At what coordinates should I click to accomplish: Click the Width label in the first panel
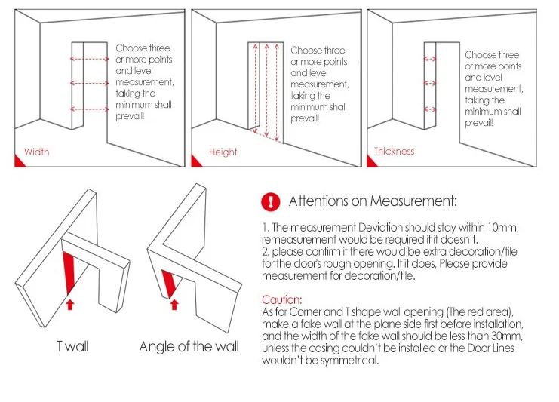click(x=36, y=152)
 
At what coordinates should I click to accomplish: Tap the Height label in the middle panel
click(x=223, y=152)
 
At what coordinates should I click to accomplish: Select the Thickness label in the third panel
click(x=394, y=152)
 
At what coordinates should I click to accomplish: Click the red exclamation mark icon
click(x=270, y=201)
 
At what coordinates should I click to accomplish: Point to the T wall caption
click(x=72, y=347)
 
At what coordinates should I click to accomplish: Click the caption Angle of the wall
click(x=189, y=347)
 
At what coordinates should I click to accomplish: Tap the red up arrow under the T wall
click(x=71, y=305)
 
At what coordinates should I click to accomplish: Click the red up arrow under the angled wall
click(x=174, y=305)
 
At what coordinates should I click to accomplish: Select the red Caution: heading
click(x=282, y=299)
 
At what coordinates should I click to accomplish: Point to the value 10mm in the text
click(x=502, y=228)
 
